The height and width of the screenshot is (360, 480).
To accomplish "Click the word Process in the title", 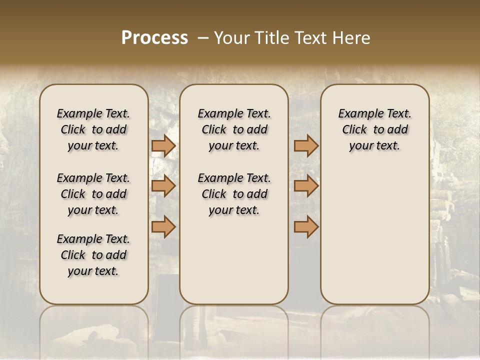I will [x=154, y=38].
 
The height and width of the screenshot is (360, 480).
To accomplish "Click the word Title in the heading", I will [x=269, y=38].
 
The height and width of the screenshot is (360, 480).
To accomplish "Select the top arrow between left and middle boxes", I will [x=163, y=146].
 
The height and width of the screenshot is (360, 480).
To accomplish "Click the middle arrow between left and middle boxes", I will [x=163, y=186].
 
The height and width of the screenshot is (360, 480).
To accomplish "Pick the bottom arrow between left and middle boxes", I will [x=163, y=227].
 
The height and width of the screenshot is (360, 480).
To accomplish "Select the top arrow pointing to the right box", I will [x=306, y=146].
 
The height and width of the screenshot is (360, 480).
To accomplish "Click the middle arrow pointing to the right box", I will [x=306, y=186].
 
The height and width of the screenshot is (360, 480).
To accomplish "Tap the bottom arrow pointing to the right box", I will [x=306, y=227].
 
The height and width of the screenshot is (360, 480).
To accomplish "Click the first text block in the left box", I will [x=93, y=129].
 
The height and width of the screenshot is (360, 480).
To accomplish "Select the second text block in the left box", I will [x=93, y=194].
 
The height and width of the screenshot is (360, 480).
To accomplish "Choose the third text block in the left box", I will [x=93, y=255].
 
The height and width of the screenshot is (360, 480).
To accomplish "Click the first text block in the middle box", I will [x=234, y=129].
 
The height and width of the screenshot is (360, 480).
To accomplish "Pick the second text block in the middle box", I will [x=234, y=194].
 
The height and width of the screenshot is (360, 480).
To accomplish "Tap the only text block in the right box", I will [x=374, y=129].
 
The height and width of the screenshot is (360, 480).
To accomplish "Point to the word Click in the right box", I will [x=354, y=130].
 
